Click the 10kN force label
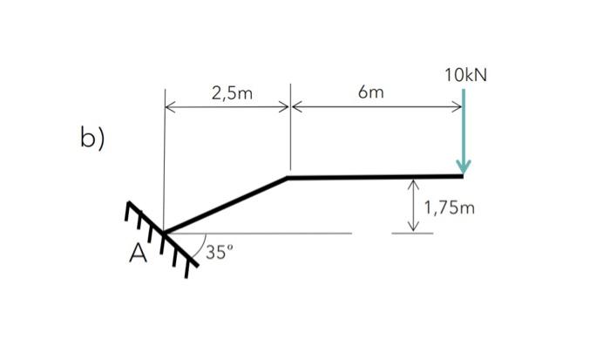(464, 75)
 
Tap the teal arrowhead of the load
(463, 166)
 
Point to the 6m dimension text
(376, 92)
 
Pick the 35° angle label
(220, 253)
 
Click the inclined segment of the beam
(227, 205)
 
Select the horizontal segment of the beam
(375, 177)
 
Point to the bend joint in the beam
(288, 178)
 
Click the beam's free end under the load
(462, 177)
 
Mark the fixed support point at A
(164, 233)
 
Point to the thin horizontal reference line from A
(279, 233)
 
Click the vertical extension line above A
(164, 157)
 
